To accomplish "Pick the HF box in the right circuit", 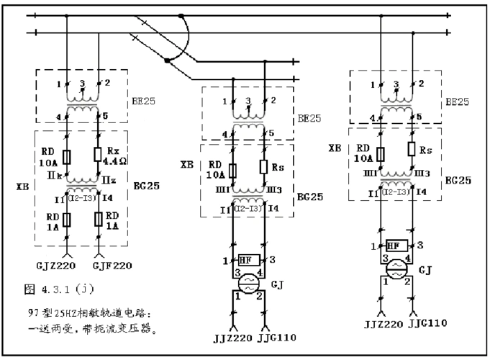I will (x=392, y=245).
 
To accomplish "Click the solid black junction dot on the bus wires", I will (x=168, y=60).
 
